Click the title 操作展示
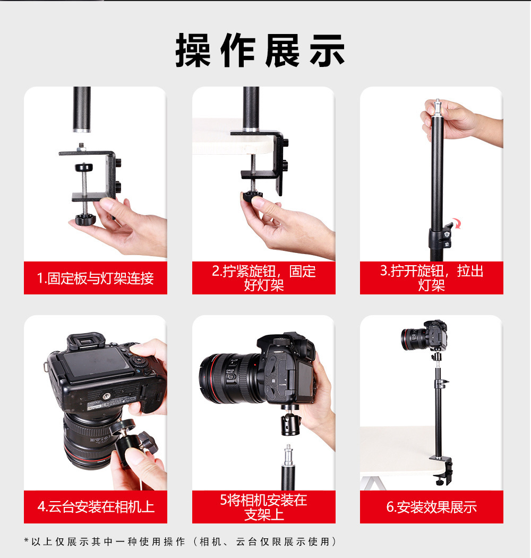pos(260,50)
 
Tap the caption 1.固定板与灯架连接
pos(96,278)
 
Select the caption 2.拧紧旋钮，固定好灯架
pos(263,278)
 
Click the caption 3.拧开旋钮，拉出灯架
pos(431,278)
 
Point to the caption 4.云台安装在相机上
pos(96,507)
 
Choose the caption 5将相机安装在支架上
pos(263,507)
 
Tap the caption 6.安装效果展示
pos(431,507)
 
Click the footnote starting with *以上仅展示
pos(180,542)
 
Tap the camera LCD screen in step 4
pos(96,364)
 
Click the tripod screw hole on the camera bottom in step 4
pos(106,396)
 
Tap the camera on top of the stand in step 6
pos(424,335)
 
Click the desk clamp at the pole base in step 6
pos(442,471)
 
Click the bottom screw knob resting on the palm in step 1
pos(85,219)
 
